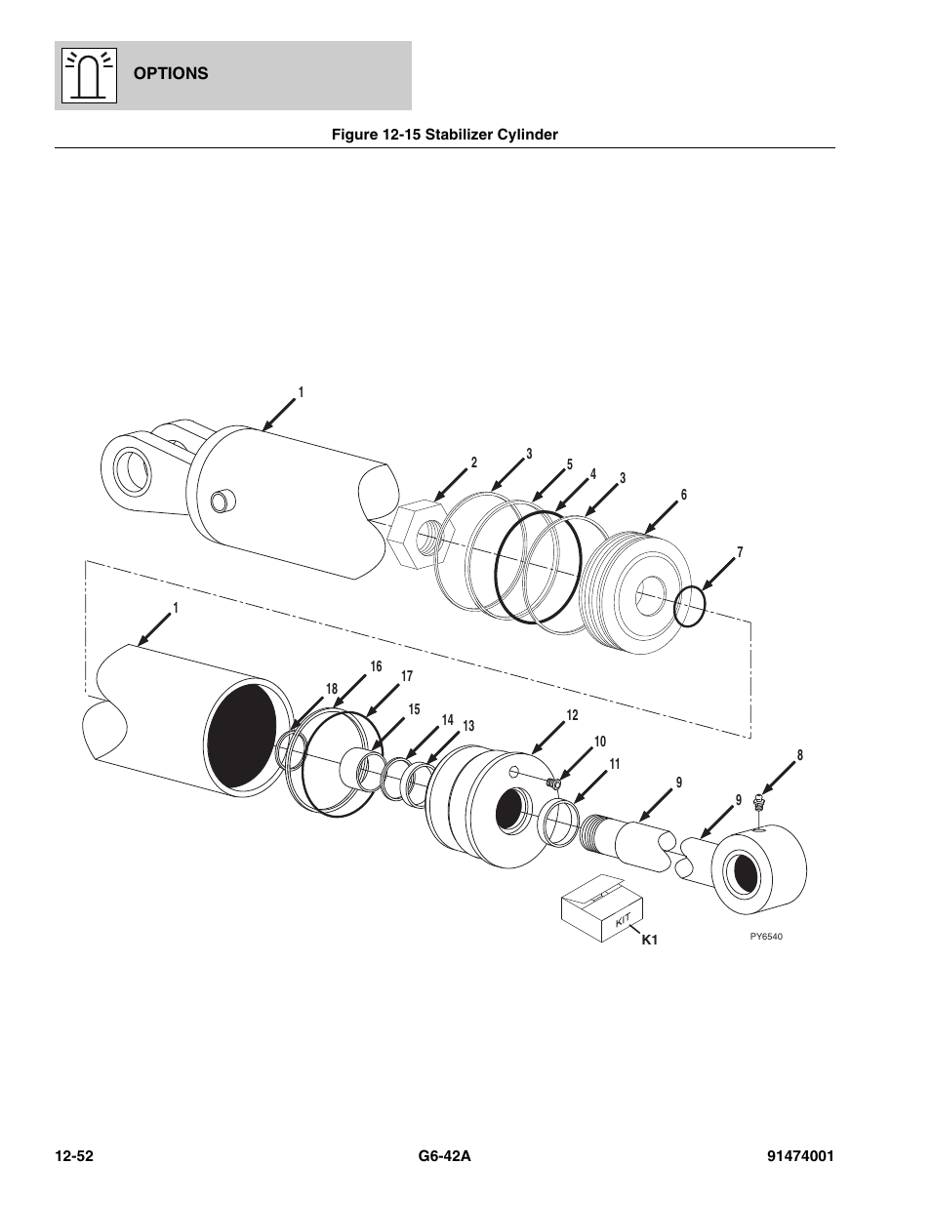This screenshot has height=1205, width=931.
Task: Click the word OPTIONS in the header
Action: tap(171, 73)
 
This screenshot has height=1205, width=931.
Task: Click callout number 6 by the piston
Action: tap(684, 495)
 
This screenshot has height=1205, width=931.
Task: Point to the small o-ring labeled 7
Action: tap(690, 608)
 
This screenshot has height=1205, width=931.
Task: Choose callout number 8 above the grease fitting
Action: tap(799, 754)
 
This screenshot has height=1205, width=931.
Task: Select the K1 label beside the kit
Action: tap(651, 941)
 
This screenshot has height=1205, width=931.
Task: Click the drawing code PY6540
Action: tap(766, 937)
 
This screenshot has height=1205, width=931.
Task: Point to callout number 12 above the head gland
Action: tap(572, 715)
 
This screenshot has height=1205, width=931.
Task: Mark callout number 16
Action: tap(376, 666)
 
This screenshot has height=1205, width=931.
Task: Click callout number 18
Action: tap(332, 689)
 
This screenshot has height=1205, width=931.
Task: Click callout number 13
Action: tap(468, 726)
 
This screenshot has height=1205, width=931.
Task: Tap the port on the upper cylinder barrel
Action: tap(223, 501)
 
